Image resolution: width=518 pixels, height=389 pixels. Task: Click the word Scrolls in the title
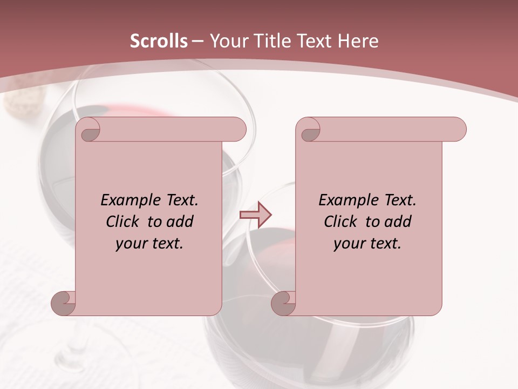coord(159,41)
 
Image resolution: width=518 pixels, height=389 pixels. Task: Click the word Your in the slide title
coord(227,41)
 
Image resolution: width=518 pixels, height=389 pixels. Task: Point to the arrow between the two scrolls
coord(255,215)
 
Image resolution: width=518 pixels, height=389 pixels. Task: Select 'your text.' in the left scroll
coord(149,243)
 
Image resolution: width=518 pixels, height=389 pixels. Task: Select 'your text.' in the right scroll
coord(367,243)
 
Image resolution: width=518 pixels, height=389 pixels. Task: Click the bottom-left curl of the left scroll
coord(63,303)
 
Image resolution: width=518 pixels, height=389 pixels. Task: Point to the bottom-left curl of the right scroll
coord(283,303)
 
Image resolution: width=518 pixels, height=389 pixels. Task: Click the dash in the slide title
coord(198,41)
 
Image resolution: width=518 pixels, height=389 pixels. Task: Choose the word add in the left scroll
coord(181,222)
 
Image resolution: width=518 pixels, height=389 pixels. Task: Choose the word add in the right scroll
coord(399,222)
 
